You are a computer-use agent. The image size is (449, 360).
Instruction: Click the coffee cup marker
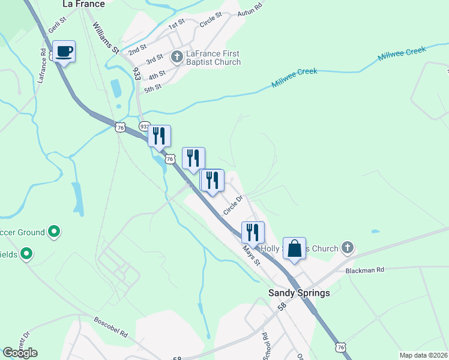tap(64, 52)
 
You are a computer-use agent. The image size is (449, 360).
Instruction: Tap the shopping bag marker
tap(295, 248)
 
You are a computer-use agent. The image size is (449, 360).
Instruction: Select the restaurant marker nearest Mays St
tap(253, 232)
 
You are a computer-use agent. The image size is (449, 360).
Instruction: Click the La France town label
tap(83, 4)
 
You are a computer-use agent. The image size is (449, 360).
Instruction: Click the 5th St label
tap(153, 88)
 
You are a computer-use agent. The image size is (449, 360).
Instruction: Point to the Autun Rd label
tap(250, 10)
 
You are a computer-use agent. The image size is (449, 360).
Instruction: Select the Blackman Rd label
tap(364, 271)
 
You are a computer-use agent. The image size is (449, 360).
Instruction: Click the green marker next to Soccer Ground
tap(54, 231)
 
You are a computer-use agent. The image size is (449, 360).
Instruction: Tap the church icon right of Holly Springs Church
tap(347, 247)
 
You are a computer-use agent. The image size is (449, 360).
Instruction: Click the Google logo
tap(20, 353)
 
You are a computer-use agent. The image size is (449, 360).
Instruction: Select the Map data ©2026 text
tap(423, 355)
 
